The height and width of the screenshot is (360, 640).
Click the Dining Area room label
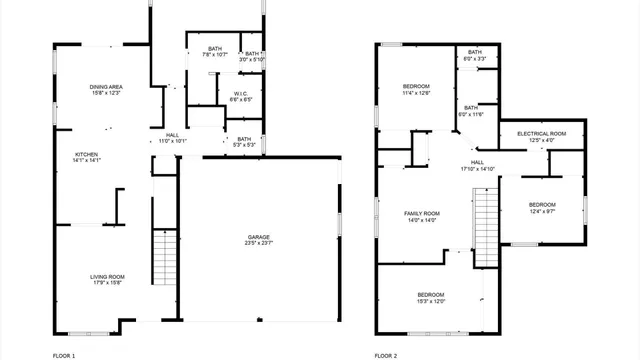[x=105, y=87]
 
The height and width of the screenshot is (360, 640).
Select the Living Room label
[x=108, y=277]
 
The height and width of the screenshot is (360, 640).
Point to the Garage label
[x=259, y=237]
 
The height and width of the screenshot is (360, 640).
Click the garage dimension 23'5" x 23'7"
[x=259, y=243]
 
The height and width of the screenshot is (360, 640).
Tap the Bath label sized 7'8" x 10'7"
[x=215, y=48]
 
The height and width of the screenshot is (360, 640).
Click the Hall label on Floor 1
[x=173, y=135]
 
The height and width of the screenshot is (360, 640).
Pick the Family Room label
[x=422, y=213]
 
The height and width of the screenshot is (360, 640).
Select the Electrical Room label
[x=541, y=133]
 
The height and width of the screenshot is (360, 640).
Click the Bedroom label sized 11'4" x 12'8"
[x=416, y=87]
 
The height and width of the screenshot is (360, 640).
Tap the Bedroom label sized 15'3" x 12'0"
[x=431, y=294]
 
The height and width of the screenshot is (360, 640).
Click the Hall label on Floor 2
[x=477, y=162]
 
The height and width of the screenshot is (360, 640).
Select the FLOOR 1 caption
[x=64, y=355]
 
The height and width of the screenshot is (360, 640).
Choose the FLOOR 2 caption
[x=386, y=355]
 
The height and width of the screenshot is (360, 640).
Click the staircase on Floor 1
[x=163, y=257]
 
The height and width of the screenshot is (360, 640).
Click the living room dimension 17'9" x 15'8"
[x=108, y=283]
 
